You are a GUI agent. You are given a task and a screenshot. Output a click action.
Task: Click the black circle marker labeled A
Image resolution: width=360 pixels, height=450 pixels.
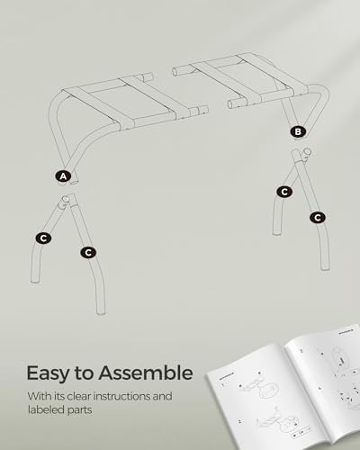63,176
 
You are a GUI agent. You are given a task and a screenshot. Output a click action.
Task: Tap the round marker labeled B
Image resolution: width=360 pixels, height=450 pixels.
298,131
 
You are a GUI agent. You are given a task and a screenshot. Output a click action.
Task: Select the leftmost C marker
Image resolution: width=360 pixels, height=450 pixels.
42,238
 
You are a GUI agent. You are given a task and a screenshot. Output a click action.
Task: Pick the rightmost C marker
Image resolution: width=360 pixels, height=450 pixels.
317,217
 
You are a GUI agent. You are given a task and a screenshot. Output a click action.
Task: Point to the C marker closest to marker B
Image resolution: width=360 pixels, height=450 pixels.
284,191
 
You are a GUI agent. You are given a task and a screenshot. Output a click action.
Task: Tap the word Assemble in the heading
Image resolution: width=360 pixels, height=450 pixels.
147,372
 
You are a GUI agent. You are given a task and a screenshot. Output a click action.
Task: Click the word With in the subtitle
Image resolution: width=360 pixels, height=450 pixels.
38,395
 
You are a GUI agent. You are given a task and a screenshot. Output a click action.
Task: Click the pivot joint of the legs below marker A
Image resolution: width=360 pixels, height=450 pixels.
65,204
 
